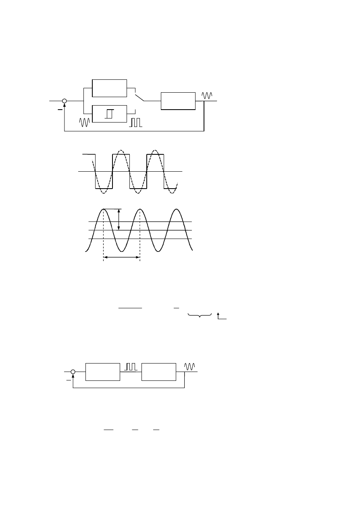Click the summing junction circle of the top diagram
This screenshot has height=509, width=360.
(x=65, y=101)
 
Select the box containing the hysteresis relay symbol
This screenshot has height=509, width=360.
(x=109, y=114)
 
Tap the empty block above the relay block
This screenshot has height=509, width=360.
(x=109, y=88)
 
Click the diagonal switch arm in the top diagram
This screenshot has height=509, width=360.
(x=139, y=97)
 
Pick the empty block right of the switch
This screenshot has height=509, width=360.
(x=178, y=101)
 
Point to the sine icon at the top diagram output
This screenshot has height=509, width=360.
(x=206, y=96)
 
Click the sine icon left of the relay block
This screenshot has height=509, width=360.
(x=85, y=123)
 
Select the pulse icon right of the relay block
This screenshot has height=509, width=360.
(x=136, y=123)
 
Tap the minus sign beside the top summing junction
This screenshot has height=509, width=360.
(x=60, y=109)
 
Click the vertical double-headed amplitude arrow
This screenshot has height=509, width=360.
(x=119, y=220)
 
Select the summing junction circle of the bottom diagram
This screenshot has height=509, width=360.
(x=73, y=372)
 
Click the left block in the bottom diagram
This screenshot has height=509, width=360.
(x=103, y=372)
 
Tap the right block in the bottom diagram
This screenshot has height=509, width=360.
(x=158, y=372)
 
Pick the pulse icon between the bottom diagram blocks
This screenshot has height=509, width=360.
(x=131, y=366)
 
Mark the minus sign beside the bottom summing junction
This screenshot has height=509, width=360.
(x=68, y=379)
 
